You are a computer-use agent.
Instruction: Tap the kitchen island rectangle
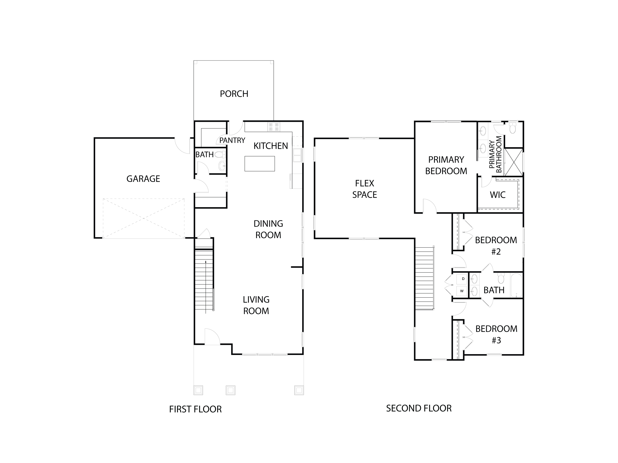(260, 164)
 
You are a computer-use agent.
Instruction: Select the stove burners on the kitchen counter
(274, 127)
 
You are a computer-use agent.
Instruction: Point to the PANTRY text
(232, 140)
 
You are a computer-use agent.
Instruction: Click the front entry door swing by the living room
(212, 337)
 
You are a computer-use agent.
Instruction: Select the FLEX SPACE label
(364, 189)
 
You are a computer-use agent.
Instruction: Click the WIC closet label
(497, 195)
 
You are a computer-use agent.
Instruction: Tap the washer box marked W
(462, 291)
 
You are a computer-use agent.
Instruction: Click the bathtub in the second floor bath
(516, 285)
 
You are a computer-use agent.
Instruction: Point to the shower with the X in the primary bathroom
(514, 162)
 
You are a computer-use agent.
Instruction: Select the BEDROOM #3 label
(496, 334)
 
